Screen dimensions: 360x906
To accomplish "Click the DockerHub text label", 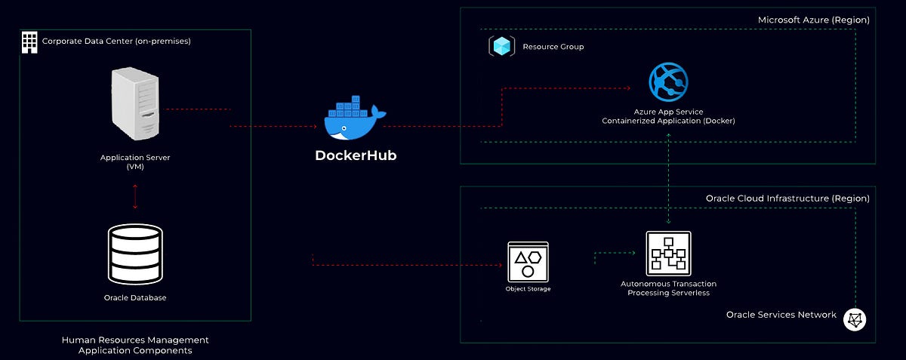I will click(355, 156).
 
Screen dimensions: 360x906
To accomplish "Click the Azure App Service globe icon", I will click(668, 83).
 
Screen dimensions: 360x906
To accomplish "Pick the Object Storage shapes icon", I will click(528, 262).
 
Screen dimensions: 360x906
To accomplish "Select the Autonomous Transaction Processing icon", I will click(668, 254).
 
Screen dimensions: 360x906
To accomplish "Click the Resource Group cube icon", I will click(501, 47).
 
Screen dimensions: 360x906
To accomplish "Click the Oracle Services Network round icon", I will click(854, 318).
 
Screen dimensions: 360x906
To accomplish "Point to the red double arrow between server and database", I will click(135, 196).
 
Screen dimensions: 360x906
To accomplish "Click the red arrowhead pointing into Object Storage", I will click(500, 266).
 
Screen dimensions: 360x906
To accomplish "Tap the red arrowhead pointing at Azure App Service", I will click(627, 88).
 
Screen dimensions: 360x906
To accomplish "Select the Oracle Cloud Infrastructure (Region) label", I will click(787, 198).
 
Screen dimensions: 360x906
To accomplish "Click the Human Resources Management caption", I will click(135, 345).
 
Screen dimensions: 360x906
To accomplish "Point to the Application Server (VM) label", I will click(132, 162).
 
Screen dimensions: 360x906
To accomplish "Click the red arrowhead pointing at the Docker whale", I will click(313, 127).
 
